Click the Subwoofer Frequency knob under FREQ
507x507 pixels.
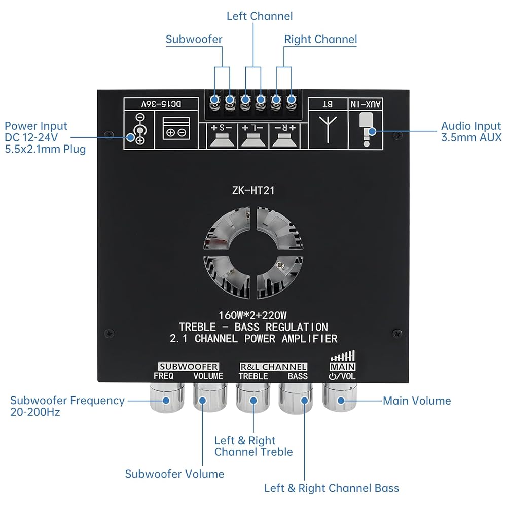(x=167, y=397)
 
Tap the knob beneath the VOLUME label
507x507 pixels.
(x=210, y=397)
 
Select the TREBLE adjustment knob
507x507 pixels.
(x=253, y=397)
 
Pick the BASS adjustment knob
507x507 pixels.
(x=296, y=397)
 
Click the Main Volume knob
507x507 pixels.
(x=339, y=397)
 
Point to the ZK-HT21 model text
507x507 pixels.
(x=253, y=191)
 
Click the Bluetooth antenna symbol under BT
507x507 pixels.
(x=328, y=129)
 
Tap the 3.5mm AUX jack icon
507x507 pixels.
(x=366, y=129)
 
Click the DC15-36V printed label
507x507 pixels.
(x=161, y=104)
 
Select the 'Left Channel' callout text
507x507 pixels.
(x=260, y=16)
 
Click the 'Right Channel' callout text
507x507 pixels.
(x=320, y=40)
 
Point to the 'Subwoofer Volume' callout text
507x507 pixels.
(x=174, y=474)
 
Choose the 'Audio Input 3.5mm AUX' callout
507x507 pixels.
(x=471, y=132)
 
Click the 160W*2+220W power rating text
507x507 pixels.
(x=252, y=315)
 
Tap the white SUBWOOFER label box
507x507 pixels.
(x=189, y=367)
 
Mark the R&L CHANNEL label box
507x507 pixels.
(x=273, y=367)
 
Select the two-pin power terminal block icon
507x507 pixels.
(x=176, y=129)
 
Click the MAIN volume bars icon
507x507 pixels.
(x=342, y=356)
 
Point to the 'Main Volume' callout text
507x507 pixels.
(x=417, y=401)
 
